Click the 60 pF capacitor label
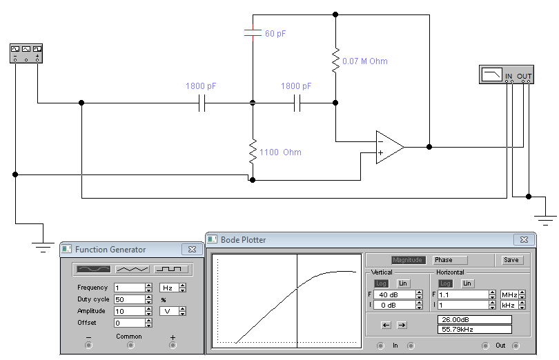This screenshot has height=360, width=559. pos(275,33)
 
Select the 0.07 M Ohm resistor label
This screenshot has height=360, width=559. pos(364,61)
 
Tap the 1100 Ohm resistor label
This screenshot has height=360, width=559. pos(280,152)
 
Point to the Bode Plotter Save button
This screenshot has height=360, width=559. pos(511,260)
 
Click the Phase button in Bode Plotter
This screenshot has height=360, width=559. pos(449,260)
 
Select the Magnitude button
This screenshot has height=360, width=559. pos(409,260)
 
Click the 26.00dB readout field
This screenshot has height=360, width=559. pos(474,319)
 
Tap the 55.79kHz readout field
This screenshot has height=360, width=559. pos(474,330)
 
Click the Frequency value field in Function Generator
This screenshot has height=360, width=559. pos(129,288)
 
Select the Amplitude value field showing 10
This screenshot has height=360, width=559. pos(129,311)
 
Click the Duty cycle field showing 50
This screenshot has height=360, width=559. pos(129,299)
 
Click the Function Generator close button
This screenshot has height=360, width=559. pos(192,249)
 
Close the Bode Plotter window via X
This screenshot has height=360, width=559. pos(522,239)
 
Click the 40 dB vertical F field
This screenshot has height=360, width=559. pos(394,294)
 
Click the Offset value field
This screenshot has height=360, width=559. pos(129,323)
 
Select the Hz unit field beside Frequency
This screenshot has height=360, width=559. pos(167,288)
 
